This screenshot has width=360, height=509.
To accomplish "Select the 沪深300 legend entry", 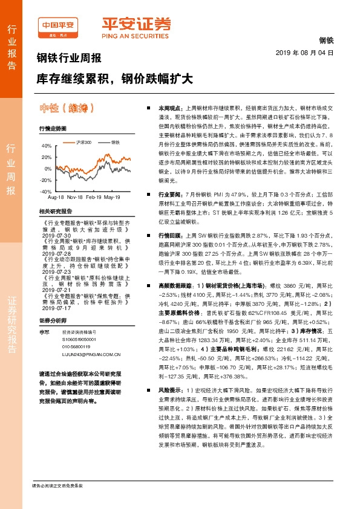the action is click(x=84, y=142).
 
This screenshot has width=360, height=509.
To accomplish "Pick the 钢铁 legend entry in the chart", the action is click(x=115, y=142).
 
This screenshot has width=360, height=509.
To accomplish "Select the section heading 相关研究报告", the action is click(x=55, y=211).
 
